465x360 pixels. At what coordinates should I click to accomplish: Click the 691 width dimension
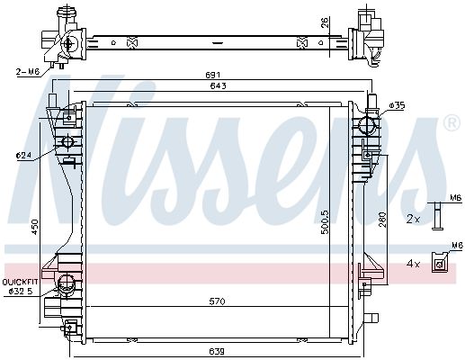point(213,76)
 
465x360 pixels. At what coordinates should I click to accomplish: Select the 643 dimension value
point(219,86)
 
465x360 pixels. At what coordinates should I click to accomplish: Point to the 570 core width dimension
point(217,301)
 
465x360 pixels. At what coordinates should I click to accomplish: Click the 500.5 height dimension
point(326,222)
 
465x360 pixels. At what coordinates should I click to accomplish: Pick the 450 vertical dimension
point(35,227)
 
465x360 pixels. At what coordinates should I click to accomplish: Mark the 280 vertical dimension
point(383,220)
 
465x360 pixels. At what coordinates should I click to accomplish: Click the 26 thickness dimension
point(326,22)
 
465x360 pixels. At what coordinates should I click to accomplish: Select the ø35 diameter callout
point(398,105)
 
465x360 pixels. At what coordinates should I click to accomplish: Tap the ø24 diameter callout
point(25,156)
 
